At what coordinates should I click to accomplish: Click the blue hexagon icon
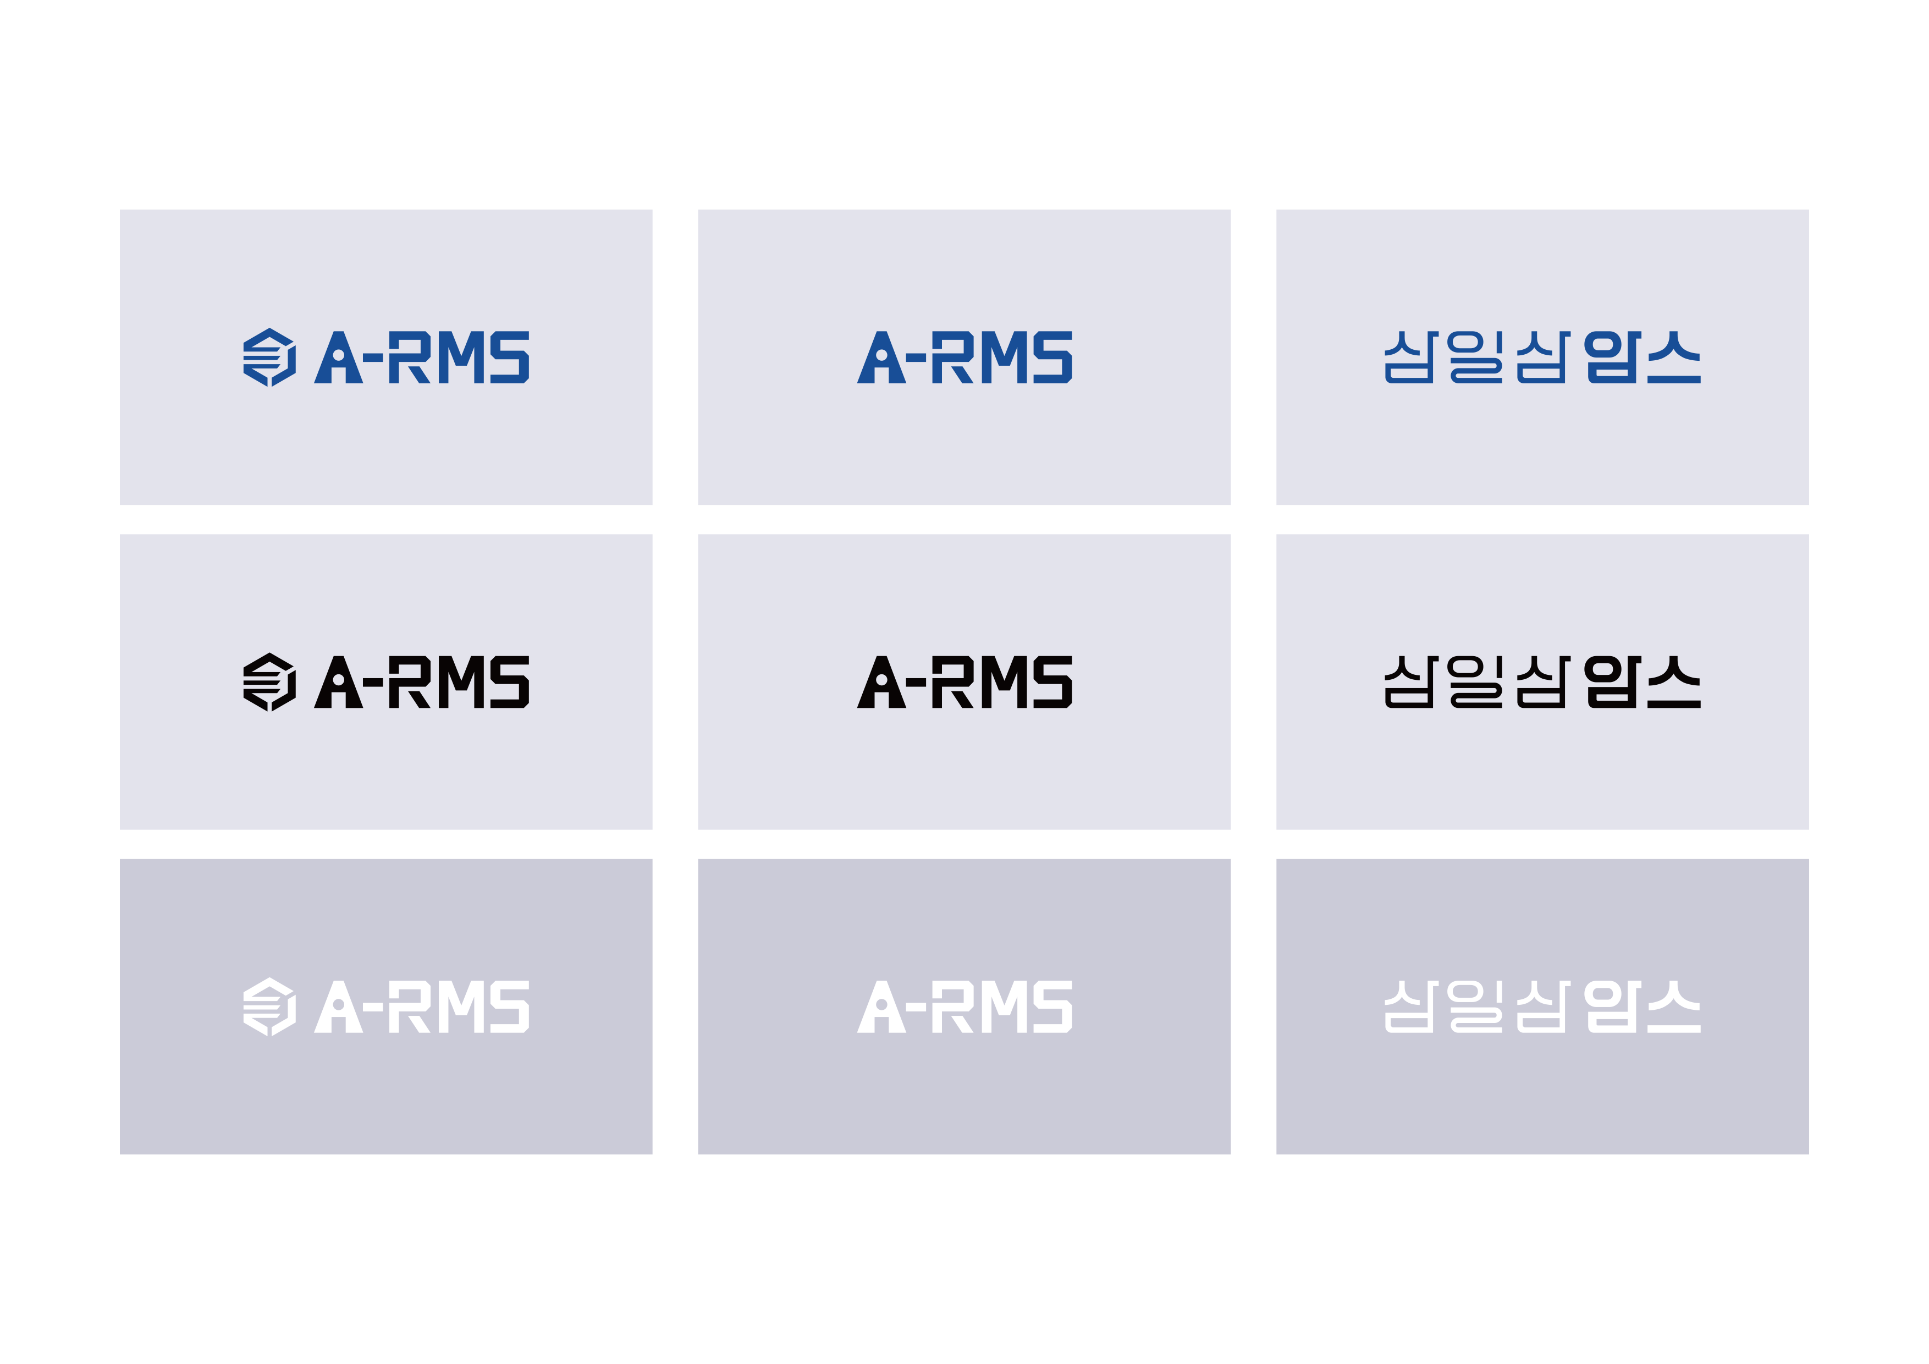click(x=269, y=357)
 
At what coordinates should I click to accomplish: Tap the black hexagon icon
click(x=269, y=681)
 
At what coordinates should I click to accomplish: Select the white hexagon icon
click(x=269, y=1006)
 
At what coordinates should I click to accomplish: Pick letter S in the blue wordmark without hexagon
click(x=1052, y=357)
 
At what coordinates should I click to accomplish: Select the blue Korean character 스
click(x=1674, y=357)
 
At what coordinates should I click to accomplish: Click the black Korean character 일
click(x=1475, y=681)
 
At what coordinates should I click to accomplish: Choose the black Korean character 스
click(x=1674, y=681)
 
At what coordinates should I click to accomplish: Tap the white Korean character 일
click(x=1475, y=1006)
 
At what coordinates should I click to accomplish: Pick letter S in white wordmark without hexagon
click(x=1052, y=1006)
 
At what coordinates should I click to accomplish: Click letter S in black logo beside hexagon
click(x=509, y=681)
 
